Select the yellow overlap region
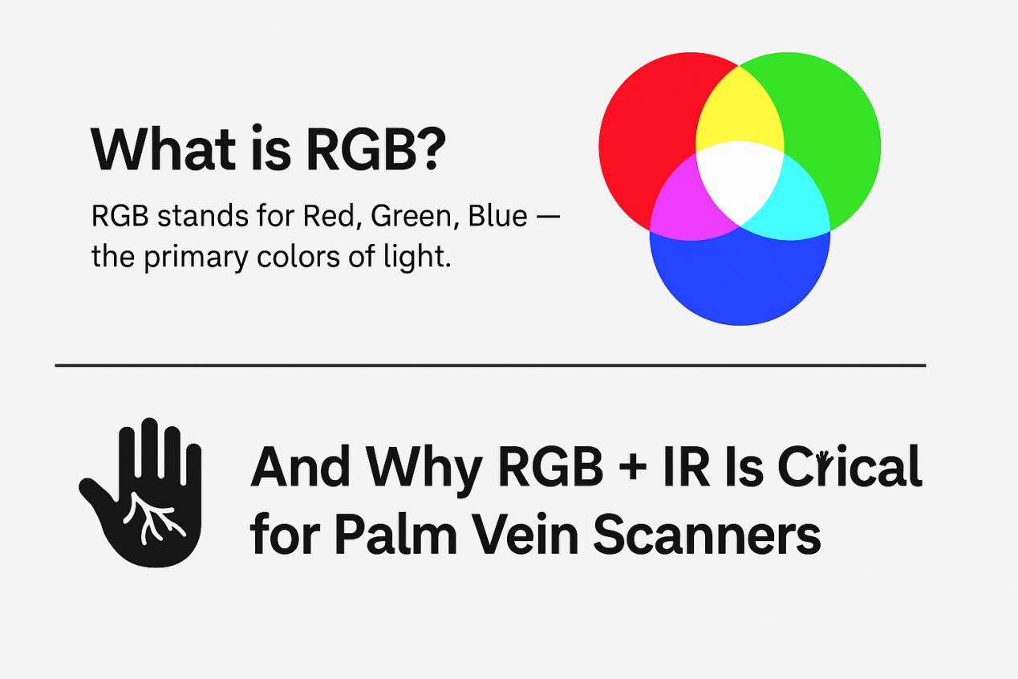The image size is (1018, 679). (x=739, y=112)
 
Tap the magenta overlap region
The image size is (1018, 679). (x=688, y=205)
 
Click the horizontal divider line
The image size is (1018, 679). (x=489, y=365)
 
